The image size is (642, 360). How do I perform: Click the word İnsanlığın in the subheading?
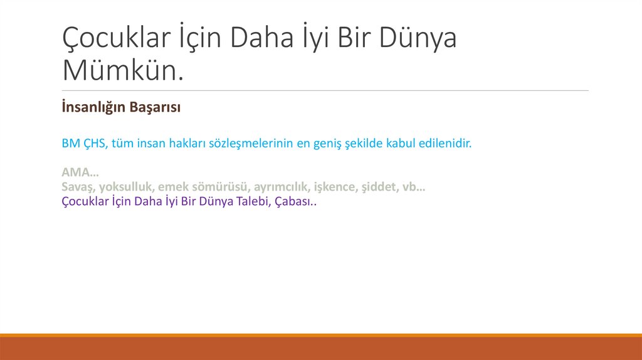pos(93,108)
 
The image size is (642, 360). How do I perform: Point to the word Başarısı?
pos(155,108)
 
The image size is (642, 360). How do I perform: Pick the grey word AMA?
pos(74,172)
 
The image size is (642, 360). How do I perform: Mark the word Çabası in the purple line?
pos(292,202)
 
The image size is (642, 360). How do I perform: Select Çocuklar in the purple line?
pos(85,202)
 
